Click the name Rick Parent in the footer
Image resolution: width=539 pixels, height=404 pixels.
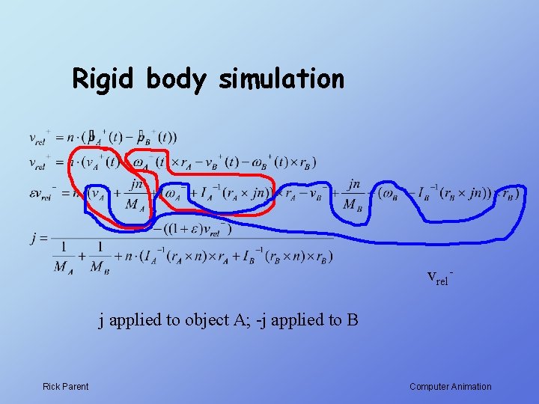(65, 387)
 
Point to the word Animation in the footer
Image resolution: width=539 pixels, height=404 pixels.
(469, 387)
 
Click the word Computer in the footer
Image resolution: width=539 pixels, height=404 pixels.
(427, 387)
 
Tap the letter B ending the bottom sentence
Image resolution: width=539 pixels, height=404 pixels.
(353, 320)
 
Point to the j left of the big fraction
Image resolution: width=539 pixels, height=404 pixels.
(34, 239)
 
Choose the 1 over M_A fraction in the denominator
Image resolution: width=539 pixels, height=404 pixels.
(64, 257)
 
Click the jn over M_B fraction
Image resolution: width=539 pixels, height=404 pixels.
(353, 194)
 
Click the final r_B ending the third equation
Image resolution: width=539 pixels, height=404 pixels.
(508, 193)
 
